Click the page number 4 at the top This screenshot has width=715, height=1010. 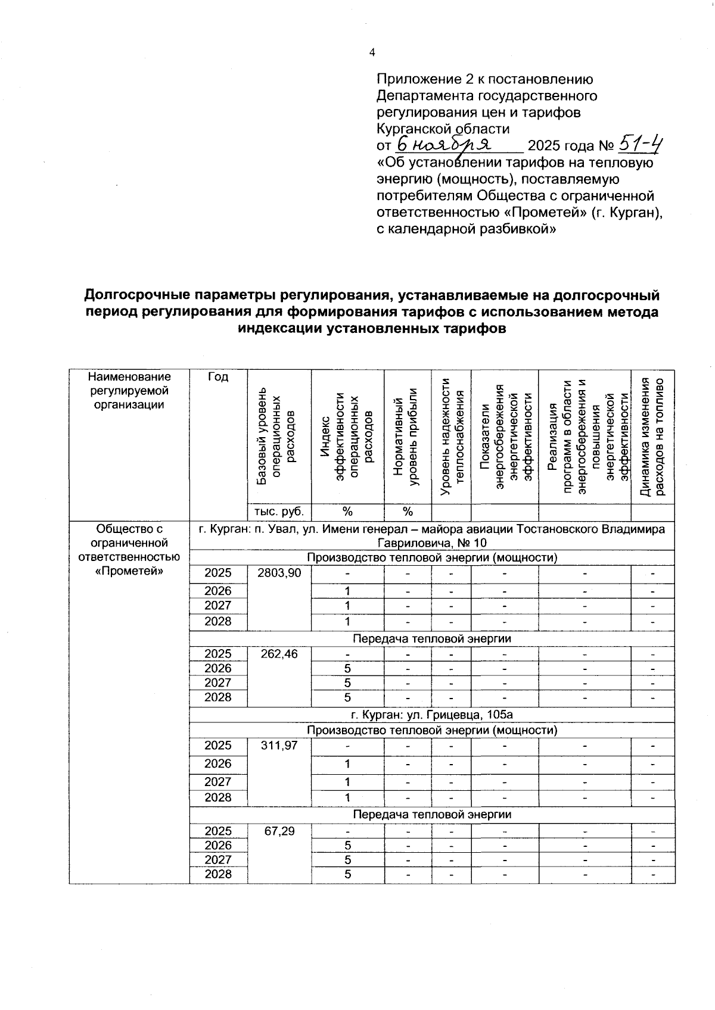[x=372, y=52]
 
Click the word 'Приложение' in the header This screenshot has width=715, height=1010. [x=411, y=79]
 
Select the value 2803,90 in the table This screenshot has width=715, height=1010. [x=279, y=573]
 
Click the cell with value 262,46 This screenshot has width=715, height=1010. [x=279, y=654]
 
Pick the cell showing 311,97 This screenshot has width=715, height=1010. [x=279, y=746]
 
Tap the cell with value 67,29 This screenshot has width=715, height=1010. [x=279, y=831]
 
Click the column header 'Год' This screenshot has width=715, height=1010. [x=218, y=377]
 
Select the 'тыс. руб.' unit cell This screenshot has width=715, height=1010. [x=279, y=512]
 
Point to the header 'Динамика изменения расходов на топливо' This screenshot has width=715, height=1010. [x=652, y=437]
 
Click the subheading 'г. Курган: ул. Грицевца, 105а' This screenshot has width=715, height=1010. [x=432, y=714]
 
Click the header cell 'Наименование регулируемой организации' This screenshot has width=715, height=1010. [x=129, y=391]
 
